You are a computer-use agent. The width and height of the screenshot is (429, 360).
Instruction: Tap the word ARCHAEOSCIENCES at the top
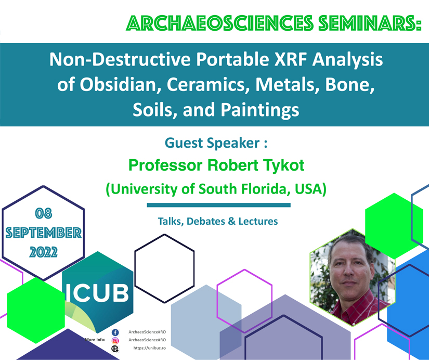click(x=220, y=23)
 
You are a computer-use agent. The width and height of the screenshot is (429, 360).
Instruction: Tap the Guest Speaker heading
click(x=216, y=143)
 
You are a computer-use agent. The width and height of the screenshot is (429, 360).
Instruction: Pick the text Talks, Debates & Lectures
click(x=218, y=221)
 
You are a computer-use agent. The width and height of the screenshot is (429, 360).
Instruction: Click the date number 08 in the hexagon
click(x=44, y=213)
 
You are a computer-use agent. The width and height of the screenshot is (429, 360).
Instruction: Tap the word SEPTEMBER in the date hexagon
click(x=44, y=233)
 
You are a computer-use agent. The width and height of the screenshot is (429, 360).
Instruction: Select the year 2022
click(x=44, y=252)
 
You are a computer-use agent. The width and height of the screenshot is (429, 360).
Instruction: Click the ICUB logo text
click(x=97, y=293)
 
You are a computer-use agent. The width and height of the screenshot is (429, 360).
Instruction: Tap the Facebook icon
click(x=115, y=332)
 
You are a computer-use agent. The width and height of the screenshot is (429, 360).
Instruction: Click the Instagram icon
click(x=115, y=341)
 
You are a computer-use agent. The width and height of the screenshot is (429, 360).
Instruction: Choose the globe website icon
click(x=115, y=349)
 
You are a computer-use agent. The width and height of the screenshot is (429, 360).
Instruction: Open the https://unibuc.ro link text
click(x=150, y=348)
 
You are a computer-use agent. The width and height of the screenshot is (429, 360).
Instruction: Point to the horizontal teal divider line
click(x=218, y=205)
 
